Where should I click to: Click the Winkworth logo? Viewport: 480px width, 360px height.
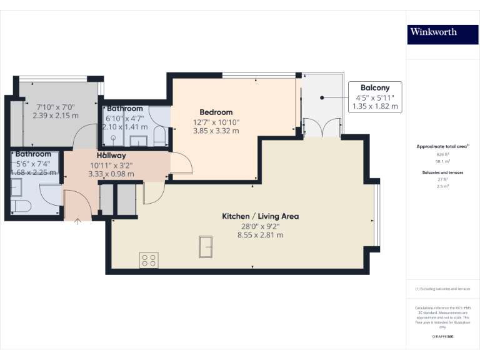pos(433,32)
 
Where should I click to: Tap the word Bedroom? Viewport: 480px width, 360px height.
pos(216,112)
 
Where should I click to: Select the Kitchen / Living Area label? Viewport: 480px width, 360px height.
pos(260,216)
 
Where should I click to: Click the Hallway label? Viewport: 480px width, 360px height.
pos(111,155)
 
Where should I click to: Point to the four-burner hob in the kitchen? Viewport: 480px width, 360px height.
pos(149,260)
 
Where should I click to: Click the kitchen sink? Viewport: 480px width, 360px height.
pos(206,247)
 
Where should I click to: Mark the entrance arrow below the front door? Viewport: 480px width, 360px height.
pos(77,221)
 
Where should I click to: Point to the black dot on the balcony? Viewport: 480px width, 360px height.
pos(321,97)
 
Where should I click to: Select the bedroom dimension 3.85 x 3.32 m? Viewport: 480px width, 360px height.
pos(216,131)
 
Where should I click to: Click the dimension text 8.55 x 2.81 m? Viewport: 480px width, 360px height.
pos(260,236)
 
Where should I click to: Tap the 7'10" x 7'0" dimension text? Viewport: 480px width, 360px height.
pos(56,106)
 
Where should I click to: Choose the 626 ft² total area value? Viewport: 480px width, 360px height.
pos(443,154)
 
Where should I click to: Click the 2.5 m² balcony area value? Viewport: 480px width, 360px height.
pos(443,186)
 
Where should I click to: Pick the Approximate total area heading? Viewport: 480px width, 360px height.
pos(442,146)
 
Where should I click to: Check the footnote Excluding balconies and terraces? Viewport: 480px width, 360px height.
pos(442,289)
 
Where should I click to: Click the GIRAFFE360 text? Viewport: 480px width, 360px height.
pos(442,337)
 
